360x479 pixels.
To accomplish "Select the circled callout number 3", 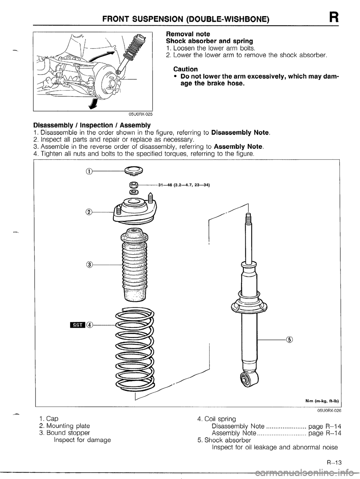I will click(x=89, y=264).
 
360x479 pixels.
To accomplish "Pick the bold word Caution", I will click(x=186, y=69).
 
